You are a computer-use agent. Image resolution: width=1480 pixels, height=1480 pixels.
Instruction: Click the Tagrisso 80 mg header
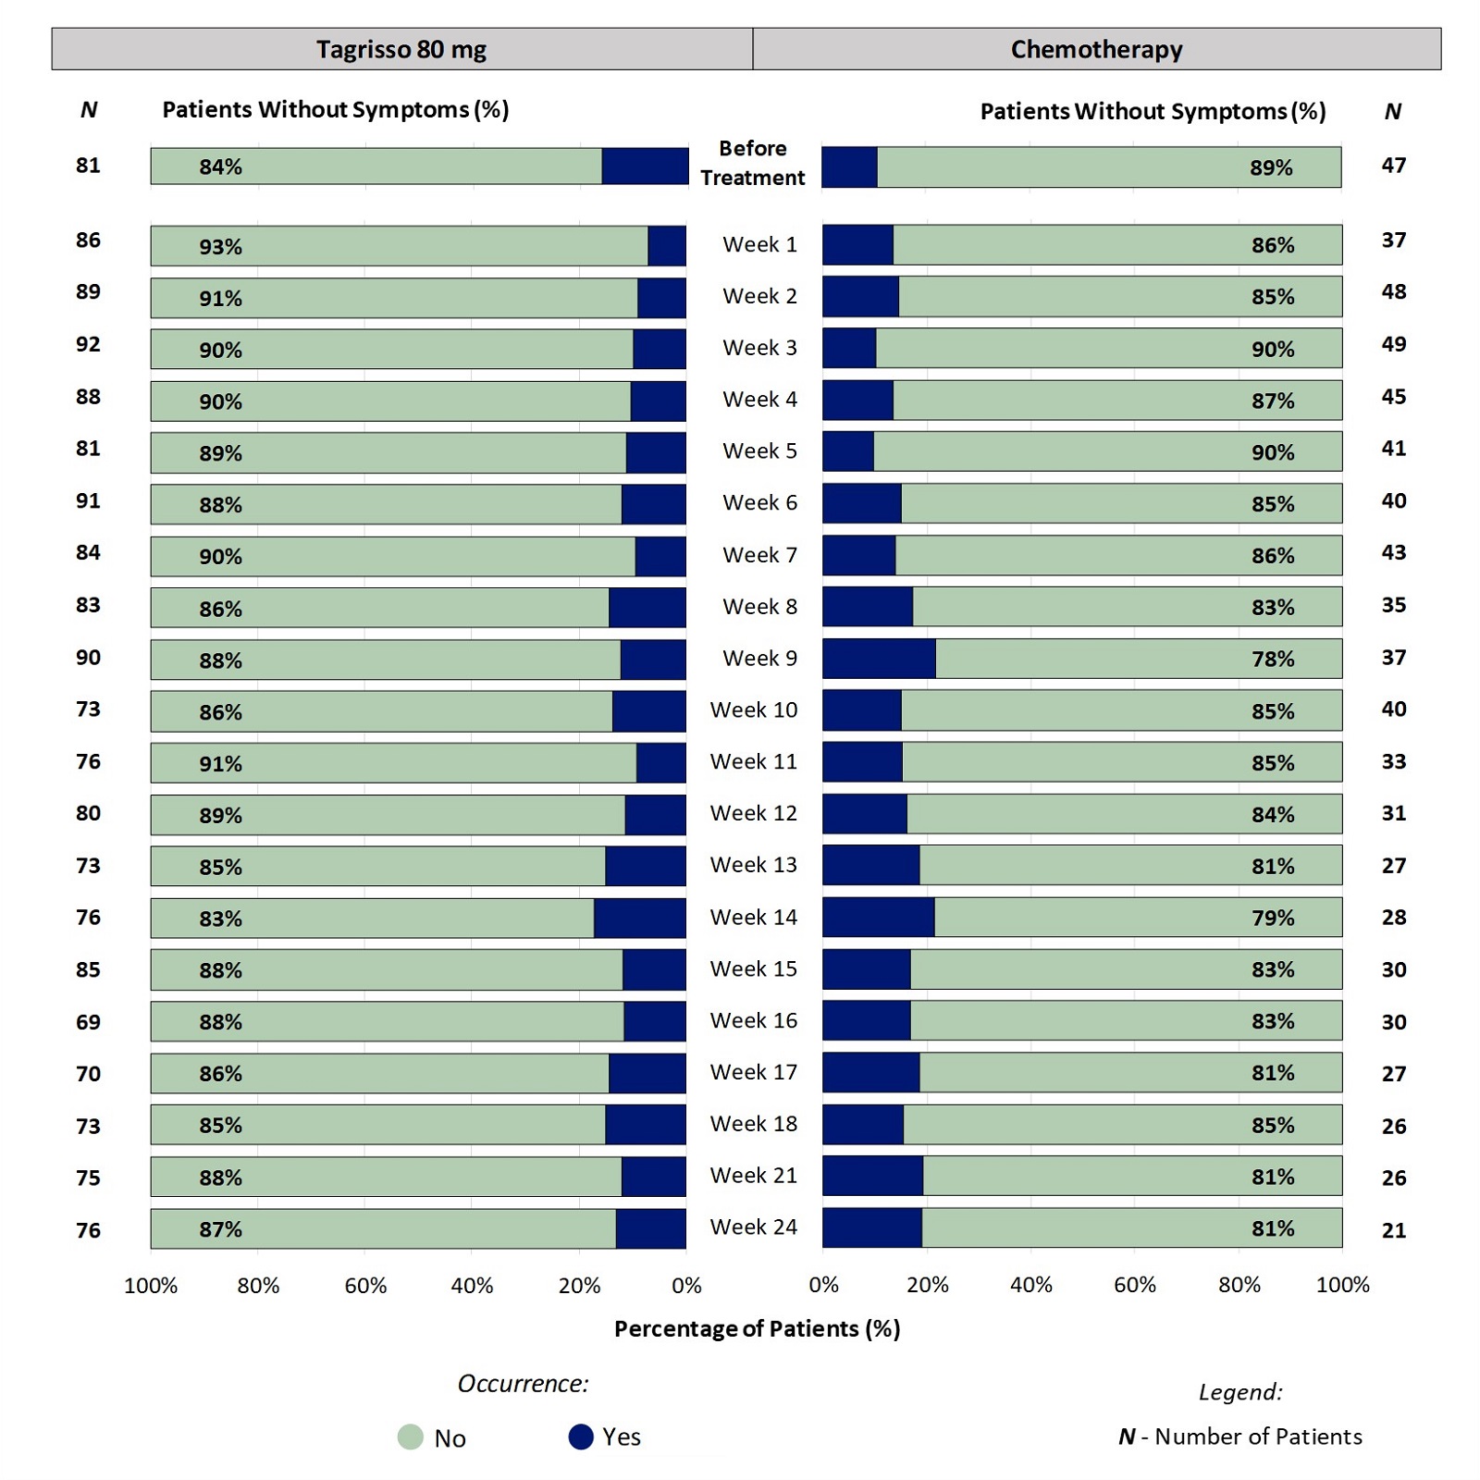pos(401,49)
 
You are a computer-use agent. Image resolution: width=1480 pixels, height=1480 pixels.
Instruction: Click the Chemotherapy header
pos(1096,49)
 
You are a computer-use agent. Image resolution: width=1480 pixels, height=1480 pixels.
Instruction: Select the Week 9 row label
pos(759,658)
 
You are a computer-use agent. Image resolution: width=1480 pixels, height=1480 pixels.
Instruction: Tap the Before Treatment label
pos(752,163)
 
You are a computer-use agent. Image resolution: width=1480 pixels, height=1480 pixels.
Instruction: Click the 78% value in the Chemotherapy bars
pos(1273,659)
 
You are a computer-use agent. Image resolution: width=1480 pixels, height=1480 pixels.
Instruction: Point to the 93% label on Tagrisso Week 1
pos(220,247)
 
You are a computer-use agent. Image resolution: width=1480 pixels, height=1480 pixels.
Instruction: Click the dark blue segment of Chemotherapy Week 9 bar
pos(879,659)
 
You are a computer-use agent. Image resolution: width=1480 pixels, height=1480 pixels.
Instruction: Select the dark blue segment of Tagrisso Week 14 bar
pos(639,919)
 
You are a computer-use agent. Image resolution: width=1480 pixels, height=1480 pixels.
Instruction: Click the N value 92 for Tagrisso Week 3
pos(88,344)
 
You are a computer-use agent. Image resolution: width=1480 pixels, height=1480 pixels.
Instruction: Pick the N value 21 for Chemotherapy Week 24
pos(1394,1230)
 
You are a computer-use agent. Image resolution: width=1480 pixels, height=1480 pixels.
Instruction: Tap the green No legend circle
pos(410,1437)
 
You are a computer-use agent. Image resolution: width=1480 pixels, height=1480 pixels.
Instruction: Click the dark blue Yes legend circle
pos(581,1437)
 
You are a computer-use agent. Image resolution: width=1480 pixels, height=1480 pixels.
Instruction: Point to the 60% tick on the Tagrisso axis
pos(365,1286)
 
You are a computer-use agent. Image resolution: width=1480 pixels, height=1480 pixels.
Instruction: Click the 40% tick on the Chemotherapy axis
pos(1031,1285)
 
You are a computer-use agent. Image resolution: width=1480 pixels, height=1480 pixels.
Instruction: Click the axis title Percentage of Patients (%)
pos(757,1328)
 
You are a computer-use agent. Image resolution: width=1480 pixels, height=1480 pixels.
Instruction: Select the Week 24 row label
pos(753,1227)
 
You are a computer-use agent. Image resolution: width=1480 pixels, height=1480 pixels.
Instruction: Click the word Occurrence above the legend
pos(523,1383)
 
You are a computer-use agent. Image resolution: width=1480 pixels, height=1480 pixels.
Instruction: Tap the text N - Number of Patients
pos(1239,1437)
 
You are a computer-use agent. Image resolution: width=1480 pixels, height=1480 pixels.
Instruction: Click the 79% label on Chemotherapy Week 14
pos(1273,918)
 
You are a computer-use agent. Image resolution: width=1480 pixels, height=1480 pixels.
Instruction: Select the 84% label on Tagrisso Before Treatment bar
pos(220,166)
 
